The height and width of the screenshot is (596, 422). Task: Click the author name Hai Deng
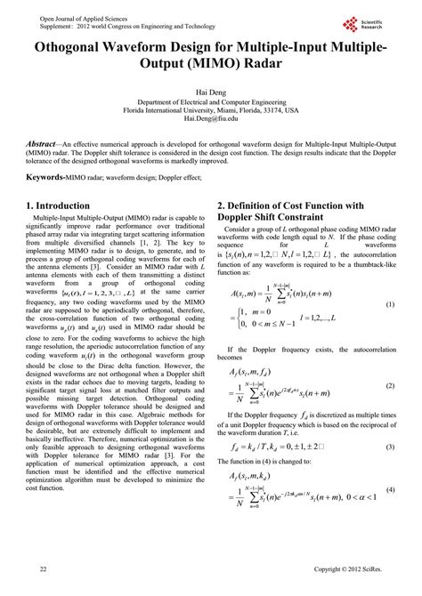pyautogui.click(x=210, y=91)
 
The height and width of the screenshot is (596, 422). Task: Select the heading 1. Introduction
pyautogui.click(x=65, y=205)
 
